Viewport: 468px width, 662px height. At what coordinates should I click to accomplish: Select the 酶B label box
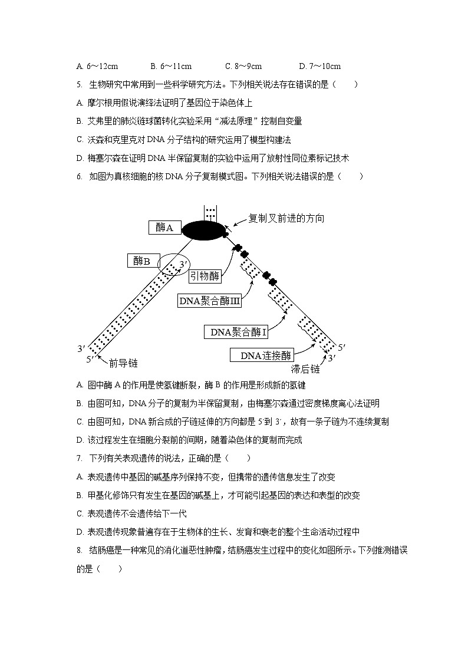(x=142, y=261)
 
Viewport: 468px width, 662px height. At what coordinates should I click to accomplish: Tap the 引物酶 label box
(x=205, y=275)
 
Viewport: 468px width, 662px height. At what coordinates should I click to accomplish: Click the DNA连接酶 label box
(x=262, y=355)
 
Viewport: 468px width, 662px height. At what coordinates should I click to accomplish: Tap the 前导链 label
(x=123, y=363)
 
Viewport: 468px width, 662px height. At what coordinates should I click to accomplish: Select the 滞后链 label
(x=305, y=369)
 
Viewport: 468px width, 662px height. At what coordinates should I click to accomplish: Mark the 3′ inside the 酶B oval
(x=184, y=264)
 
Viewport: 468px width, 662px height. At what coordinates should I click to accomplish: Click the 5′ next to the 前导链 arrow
(x=90, y=359)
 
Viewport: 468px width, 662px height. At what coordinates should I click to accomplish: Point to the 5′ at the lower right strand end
(x=342, y=347)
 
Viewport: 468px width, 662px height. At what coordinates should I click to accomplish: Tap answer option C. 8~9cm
(x=243, y=67)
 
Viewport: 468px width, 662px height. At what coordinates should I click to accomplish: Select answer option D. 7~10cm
(x=319, y=67)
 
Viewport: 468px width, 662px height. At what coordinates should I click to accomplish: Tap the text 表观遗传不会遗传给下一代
(x=137, y=513)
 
